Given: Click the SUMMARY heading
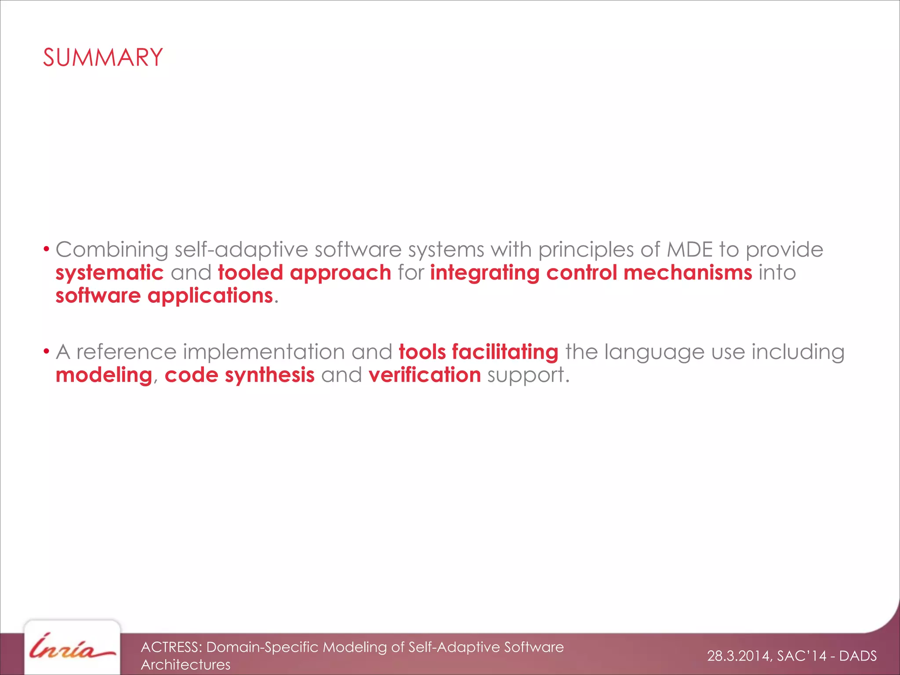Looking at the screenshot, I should tap(103, 58).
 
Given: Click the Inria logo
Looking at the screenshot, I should tap(72, 647).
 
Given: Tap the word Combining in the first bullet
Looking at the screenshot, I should tap(112, 250).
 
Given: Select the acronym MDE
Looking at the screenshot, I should tap(689, 250).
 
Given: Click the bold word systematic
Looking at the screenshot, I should tap(109, 273).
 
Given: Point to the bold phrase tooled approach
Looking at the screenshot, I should tap(305, 273).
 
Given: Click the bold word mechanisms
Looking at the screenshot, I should tap(688, 272).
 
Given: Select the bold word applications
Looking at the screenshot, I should tap(210, 296).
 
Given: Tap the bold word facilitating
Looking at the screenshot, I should tap(505, 352).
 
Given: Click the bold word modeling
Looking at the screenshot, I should tap(104, 375).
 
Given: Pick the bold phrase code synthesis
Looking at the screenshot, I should tap(240, 375).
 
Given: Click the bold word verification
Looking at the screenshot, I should tap(425, 375).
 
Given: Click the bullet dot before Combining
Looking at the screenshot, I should tap(46, 250).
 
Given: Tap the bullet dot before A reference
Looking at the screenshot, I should tap(46, 352).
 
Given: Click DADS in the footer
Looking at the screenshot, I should tap(858, 656).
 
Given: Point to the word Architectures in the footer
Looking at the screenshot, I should tap(185, 664).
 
